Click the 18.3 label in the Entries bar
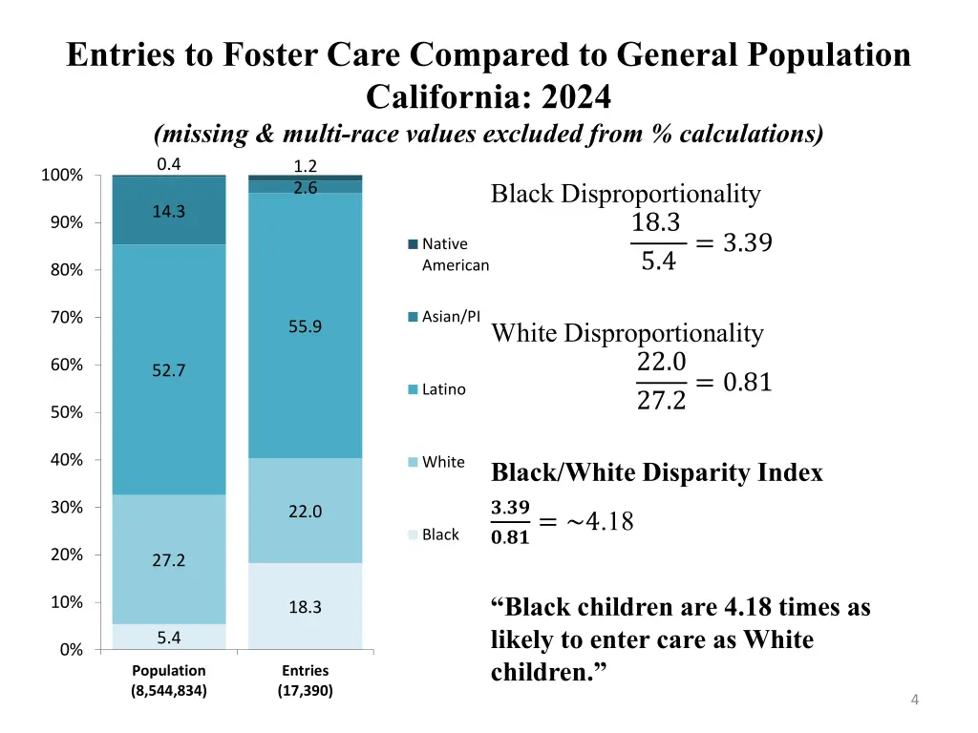click(x=305, y=607)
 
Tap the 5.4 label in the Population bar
click(x=169, y=637)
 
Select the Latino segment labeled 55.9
click(x=305, y=326)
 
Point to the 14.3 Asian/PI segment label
click(x=169, y=212)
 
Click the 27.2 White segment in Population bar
click(x=169, y=560)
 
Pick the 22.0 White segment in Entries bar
click(x=305, y=512)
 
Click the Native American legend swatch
click(x=413, y=244)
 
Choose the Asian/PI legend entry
click(x=450, y=317)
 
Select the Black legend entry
click(x=439, y=534)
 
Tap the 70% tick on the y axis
click(x=66, y=318)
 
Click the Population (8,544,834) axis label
click(x=169, y=681)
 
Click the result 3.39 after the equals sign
click(x=747, y=243)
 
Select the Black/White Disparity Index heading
click(x=656, y=472)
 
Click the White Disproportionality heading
click(x=627, y=333)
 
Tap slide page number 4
click(x=915, y=701)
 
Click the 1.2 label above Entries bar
click(x=305, y=165)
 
